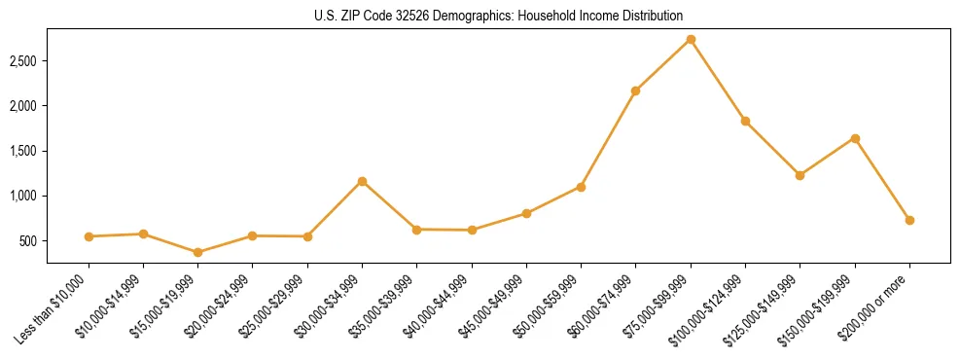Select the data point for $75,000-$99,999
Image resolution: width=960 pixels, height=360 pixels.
click(x=691, y=40)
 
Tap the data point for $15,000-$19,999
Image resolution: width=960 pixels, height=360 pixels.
click(x=198, y=252)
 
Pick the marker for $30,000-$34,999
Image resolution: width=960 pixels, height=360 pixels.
click(x=362, y=181)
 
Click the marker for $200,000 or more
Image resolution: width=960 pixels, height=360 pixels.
click(x=909, y=220)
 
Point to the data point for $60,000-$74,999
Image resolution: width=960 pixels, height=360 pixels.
click(x=635, y=90)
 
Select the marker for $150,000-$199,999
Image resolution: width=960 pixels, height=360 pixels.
click(x=855, y=138)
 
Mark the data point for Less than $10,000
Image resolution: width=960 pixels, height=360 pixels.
click(x=89, y=236)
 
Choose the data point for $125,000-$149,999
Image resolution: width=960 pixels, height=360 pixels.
click(x=800, y=175)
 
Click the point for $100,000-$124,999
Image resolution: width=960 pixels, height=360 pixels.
click(x=745, y=121)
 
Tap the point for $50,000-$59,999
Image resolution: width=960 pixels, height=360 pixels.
click(x=581, y=187)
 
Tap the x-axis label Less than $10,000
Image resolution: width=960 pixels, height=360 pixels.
click(x=54, y=308)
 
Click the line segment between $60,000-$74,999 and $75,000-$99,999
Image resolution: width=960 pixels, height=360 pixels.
click(x=663, y=65)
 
